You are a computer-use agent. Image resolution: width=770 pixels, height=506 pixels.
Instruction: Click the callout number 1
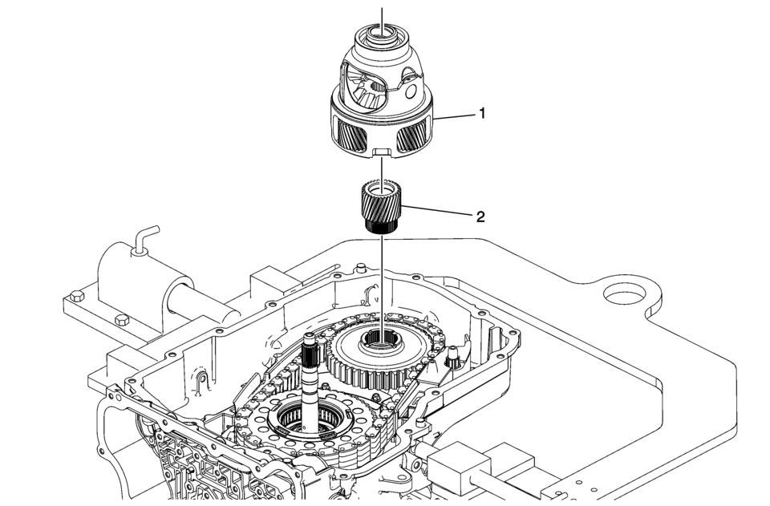[x=482, y=114]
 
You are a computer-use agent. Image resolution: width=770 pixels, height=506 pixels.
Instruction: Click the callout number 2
[x=481, y=217]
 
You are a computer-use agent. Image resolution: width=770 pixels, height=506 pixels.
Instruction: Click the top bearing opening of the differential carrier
[x=382, y=33]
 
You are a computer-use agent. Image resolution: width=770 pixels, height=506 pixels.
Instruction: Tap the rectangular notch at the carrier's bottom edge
[x=382, y=152]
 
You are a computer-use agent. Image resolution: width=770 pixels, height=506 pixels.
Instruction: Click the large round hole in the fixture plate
[x=625, y=296]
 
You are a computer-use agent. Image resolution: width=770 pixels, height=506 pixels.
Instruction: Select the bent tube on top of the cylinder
[x=144, y=240]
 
